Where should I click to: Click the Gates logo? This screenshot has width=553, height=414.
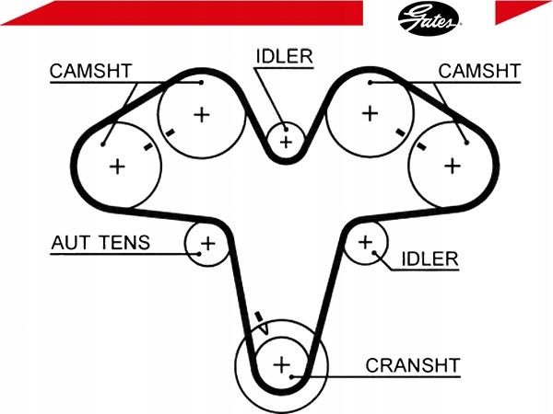pos(428,18)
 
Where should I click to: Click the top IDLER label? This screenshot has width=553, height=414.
pos(284,56)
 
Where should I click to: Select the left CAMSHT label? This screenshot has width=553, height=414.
pos(90,71)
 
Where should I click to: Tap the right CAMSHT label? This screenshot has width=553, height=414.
pos(479,71)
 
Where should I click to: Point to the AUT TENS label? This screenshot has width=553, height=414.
pos(100,243)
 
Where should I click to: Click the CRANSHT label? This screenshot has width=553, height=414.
pos(413,365)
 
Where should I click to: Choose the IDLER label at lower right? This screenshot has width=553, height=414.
pos(429,259)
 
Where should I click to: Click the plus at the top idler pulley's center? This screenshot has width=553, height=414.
pos(286,142)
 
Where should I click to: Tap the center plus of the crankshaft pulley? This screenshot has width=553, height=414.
pos(281,364)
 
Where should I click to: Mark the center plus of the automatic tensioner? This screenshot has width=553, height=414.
pos(207,243)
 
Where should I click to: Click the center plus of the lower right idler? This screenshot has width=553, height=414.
pos(365,242)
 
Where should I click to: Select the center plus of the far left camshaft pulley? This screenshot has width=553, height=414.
pos(117,167)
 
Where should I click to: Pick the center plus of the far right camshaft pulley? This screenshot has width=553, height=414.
pos(453,166)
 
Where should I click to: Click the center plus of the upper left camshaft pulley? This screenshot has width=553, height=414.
pos(202,114)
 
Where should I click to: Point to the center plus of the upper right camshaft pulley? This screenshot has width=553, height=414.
pos(370,113)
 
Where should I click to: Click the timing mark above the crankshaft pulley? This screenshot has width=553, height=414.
pos(259,316)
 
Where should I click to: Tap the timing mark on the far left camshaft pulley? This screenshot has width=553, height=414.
pos(148,146)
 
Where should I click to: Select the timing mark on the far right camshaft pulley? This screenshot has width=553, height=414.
pos(420,145)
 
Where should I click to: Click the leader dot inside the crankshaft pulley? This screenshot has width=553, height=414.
pos(291,377)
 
